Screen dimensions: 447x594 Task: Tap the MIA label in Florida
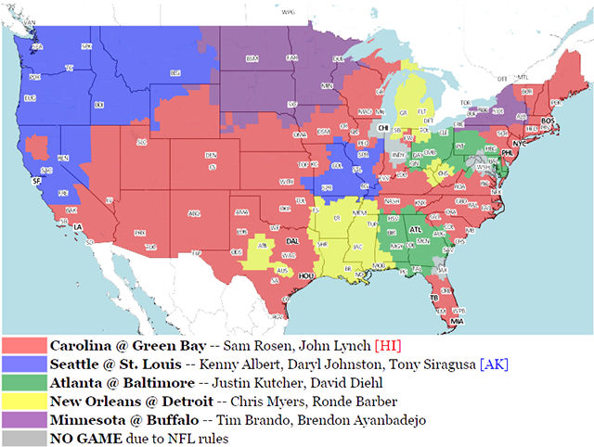[457, 320]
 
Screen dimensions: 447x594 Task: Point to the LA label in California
[78, 227]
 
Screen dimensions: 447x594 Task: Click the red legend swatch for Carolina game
[24, 344]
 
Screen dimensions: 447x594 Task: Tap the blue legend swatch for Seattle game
[24, 364]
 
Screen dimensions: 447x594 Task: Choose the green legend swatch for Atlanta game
[24, 382]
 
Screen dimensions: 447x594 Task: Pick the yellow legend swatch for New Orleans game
[24, 402]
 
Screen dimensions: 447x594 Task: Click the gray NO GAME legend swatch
[24, 439]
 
